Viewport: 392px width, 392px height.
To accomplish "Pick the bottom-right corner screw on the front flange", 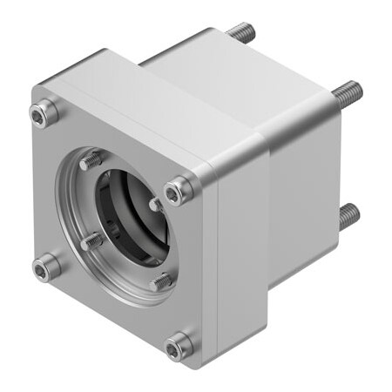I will (x=179, y=347).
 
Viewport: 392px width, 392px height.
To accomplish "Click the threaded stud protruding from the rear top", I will (x=241, y=33).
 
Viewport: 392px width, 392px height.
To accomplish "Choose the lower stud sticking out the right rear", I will (x=348, y=214).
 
